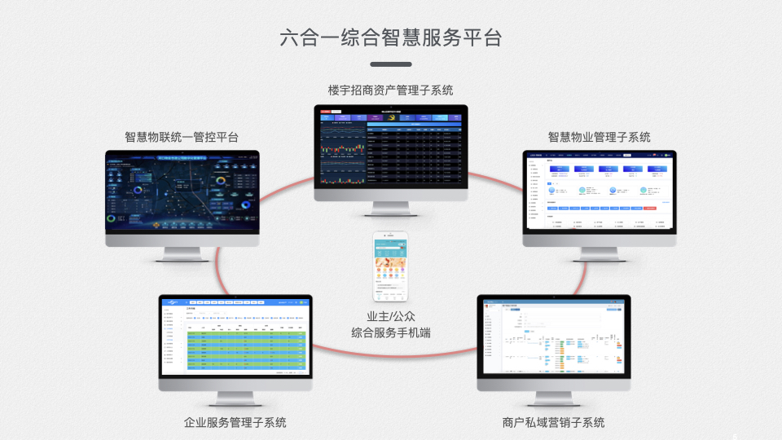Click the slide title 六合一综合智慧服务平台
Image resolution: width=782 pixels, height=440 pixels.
tap(390, 37)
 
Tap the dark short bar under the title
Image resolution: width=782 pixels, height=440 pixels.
tap(390, 64)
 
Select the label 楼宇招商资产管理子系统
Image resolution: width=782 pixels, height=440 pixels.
tap(390, 90)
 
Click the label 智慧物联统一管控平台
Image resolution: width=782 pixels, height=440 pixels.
tap(182, 137)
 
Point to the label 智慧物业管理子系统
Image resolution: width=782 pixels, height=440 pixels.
tap(599, 137)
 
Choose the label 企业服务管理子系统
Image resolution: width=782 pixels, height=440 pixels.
tap(235, 422)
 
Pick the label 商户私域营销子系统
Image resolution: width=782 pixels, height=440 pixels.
tap(553, 422)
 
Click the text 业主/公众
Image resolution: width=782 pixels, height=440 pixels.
tap(391, 316)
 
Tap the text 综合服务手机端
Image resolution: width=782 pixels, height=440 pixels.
tap(391, 332)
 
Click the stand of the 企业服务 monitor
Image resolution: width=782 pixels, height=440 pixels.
tap(235, 398)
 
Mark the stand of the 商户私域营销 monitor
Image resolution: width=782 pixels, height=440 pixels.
tap(553, 398)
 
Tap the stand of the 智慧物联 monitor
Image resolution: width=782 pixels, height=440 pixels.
tap(182, 254)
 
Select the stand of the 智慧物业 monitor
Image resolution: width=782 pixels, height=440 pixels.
tap(599, 254)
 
